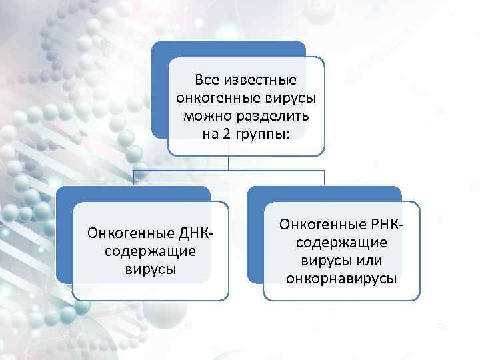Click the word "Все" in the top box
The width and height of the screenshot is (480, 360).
click(207, 81)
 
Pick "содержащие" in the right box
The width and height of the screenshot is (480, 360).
click(341, 241)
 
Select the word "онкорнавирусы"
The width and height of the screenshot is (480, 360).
click(341, 277)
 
